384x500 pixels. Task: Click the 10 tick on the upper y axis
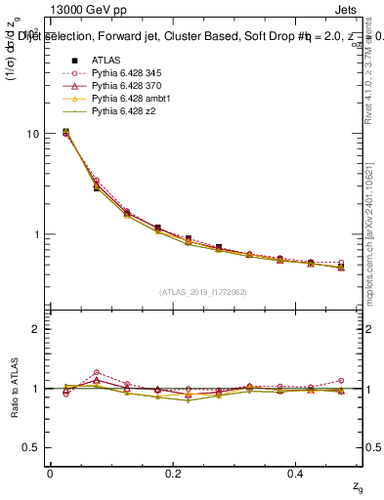point(33,134)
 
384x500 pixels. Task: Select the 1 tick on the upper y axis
point(36,235)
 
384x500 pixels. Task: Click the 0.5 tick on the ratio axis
point(31,448)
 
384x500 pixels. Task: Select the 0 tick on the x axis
point(50,473)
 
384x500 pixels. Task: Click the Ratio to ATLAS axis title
point(15,388)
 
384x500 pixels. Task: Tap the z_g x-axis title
point(358,486)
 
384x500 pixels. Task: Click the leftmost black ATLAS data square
point(65,131)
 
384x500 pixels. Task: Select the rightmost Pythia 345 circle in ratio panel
point(341,381)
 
